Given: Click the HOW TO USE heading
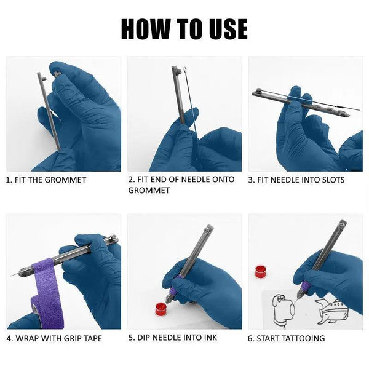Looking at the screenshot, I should coord(184,28).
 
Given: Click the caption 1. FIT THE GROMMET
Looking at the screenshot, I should coord(46,180).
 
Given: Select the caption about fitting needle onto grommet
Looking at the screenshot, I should coord(181,185).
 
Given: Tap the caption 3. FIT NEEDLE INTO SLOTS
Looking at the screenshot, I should coord(296,180).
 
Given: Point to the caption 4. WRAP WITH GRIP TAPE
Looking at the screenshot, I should coord(54,338).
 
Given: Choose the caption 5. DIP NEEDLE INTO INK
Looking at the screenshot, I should coord(172,338).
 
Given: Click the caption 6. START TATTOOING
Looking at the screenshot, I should coord(287,338).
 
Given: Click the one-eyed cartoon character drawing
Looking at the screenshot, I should coord(284,307).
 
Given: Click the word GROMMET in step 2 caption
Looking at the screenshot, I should coord(148,191).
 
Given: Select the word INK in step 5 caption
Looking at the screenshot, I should coord(209,338).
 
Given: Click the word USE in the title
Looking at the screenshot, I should coord(224,28).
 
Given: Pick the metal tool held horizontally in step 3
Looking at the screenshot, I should coord(289,99).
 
